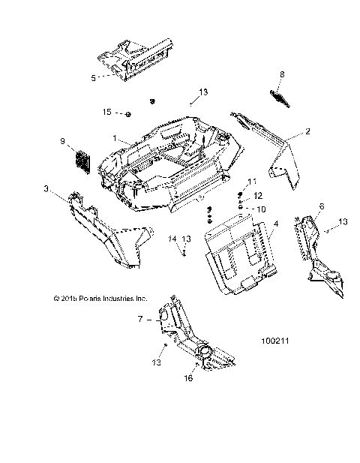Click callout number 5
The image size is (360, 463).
point(93,77)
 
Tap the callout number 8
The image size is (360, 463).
point(282,74)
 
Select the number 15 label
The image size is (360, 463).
point(107,112)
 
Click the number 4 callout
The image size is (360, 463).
point(276,224)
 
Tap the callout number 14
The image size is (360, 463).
point(172,239)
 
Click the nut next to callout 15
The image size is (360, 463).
point(128,113)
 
